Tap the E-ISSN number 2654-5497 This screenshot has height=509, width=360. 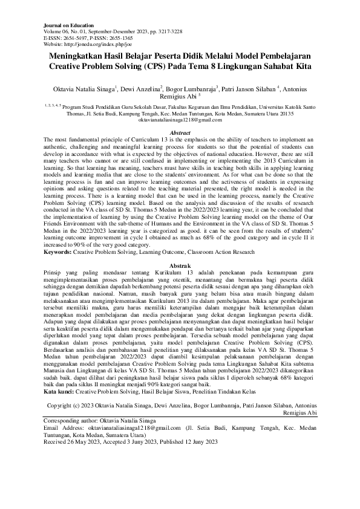coord(75,37)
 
